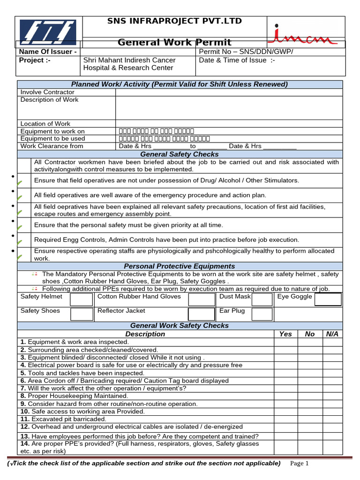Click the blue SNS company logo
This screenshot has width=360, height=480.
coord(48,32)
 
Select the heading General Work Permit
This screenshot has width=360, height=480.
coord(174,42)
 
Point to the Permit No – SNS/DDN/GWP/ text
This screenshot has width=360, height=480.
coord(246,52)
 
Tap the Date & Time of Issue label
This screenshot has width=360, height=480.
coord(237,60)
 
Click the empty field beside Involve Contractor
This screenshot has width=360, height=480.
coord(229,92)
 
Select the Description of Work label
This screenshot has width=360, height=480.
coord(50,100)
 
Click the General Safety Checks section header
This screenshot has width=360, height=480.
coord(180,154)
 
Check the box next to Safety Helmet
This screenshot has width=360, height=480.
coord(81,300)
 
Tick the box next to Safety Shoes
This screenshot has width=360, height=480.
coord(81,314)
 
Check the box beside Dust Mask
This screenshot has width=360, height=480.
coord(262,300)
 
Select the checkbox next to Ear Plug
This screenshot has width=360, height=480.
coord(262,314)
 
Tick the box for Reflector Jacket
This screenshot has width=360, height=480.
coord(201,314)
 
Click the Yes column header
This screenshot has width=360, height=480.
coord(285,334)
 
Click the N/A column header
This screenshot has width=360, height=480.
coord(332,334)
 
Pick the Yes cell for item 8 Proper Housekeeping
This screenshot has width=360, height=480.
coord(285,396)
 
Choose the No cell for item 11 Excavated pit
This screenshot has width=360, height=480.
coord(310,419)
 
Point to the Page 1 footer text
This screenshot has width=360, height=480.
coord(300,464)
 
